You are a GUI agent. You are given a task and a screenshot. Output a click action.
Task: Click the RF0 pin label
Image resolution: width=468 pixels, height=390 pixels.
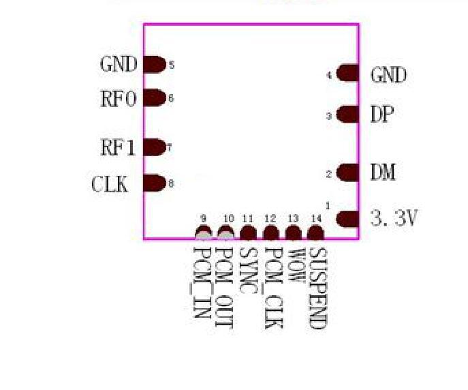(x=119, y=100)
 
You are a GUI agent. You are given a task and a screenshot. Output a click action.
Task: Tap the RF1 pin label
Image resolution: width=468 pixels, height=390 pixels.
(x=119, y=148)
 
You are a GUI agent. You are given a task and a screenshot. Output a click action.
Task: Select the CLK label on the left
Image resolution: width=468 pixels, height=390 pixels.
(x=110, y=185)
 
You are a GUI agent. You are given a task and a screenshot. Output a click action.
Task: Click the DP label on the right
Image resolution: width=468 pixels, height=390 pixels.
(x=382, y=115)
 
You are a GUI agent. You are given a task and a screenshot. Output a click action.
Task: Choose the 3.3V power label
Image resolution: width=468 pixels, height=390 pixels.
(x=394, y=219)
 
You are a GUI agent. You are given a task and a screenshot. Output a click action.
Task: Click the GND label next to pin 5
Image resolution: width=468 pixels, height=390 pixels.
(x=119, y=65)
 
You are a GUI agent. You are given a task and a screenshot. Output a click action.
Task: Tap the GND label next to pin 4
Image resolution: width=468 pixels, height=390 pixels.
(x=388, y=75)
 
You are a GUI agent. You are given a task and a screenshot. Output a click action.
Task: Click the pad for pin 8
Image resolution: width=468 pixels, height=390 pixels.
(x=155, y=183)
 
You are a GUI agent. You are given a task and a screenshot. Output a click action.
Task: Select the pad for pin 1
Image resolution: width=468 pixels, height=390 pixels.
(x=347, y=219)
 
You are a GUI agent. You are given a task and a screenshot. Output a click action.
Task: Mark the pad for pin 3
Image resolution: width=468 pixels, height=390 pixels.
(x=347, y=115)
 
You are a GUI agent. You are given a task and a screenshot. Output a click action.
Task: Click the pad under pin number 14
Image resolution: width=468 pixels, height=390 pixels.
(x=315, y=234)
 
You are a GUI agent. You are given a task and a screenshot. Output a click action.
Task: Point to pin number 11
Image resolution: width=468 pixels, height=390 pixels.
(x=248, y=218)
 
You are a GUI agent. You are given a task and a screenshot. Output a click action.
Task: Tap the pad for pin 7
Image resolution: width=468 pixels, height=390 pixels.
(x=155, y=147)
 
